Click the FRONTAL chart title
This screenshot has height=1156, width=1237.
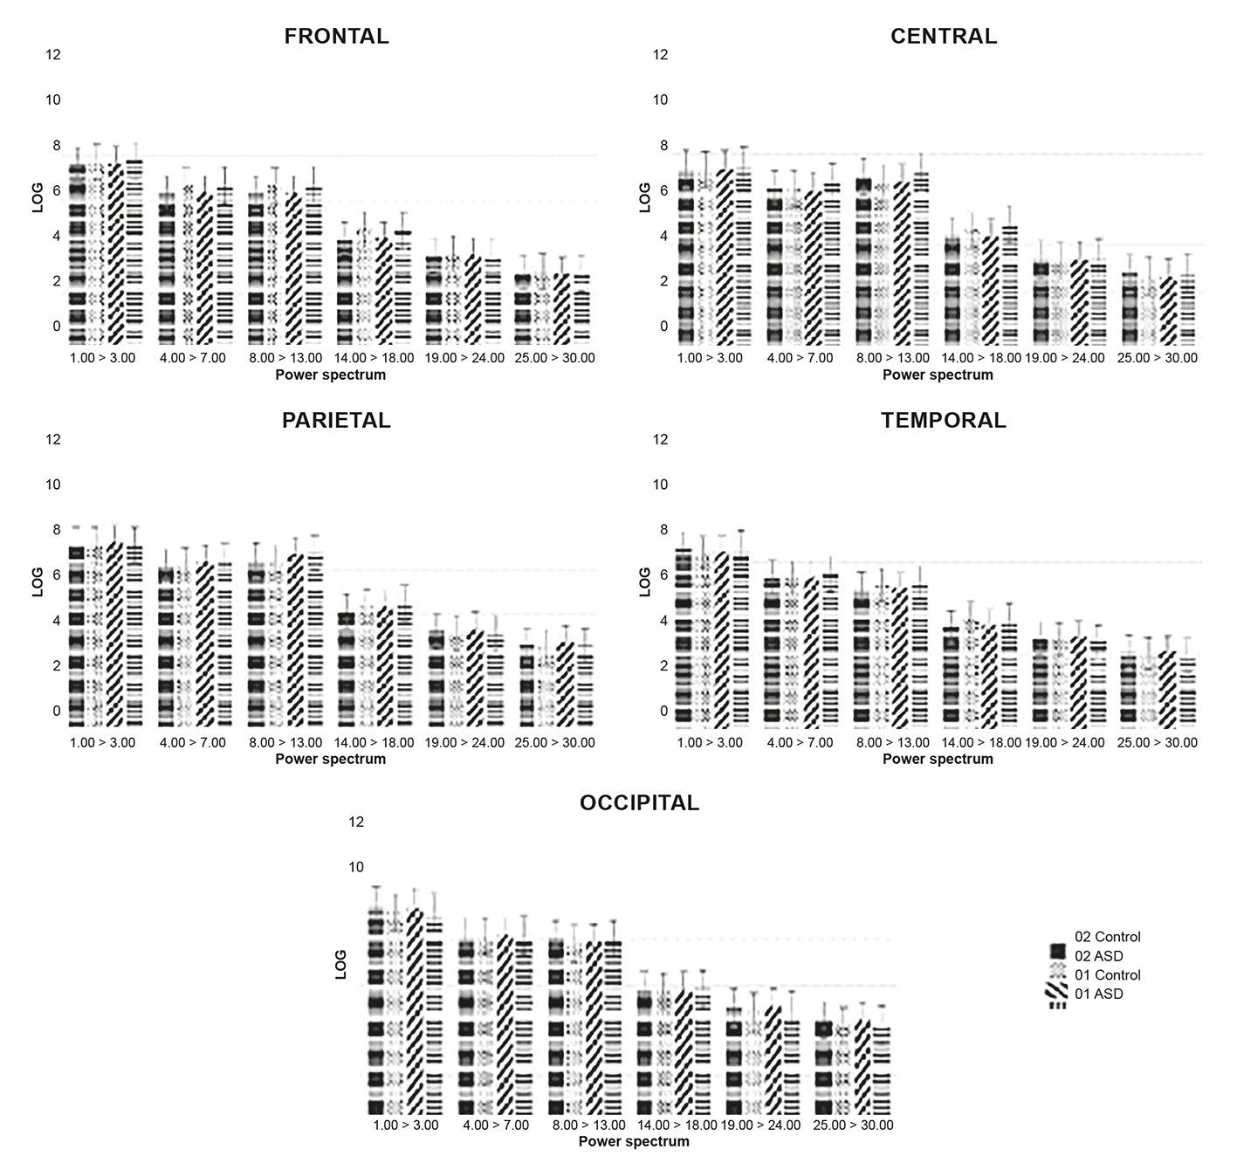pyautogui.click(x=336, y=36)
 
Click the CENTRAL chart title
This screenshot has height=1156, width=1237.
pyautogui.click(x=943, y=36)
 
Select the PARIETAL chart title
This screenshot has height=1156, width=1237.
pyautogui.click(x=336, y=420)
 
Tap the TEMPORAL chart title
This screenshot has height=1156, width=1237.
pyautogui.click(x=943, y=420)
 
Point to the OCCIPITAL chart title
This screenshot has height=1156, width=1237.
pyautogui.click(x=639, y=802)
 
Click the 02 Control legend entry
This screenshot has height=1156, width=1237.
pyautogui.click(x=1107, y=937)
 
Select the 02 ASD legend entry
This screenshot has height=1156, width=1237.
pyautogui.click(x=1098, y=956)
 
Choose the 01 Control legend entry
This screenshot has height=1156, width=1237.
pyautogui.click(x=1107, y=975)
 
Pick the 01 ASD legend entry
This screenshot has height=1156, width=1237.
pyautogui.click(x=1098, y=994)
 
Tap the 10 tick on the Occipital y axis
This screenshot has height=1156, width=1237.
pyautogui.click(x=356, y=867)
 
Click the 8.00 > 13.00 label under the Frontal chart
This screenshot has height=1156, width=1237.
pyautogui.click(x=285, y=358)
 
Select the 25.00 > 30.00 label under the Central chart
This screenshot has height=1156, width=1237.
pyautogui.click(x=1158, y=358)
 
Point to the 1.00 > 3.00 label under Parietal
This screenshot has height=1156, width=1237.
pyautogui.click(x=102, y=743)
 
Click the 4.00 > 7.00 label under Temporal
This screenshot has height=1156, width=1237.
pyautogui.click(x=800, y=743)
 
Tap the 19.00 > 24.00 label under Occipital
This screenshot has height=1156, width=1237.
pyautogui.click(x=760, y=1125)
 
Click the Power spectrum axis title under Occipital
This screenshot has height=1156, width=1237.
pyautogui.click(x=634, y=1141)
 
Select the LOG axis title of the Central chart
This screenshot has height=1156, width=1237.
pyautogui.click(x=645, y=197)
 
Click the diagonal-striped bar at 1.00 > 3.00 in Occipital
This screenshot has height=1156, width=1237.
pyautogui.click(x=415, y=1013)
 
